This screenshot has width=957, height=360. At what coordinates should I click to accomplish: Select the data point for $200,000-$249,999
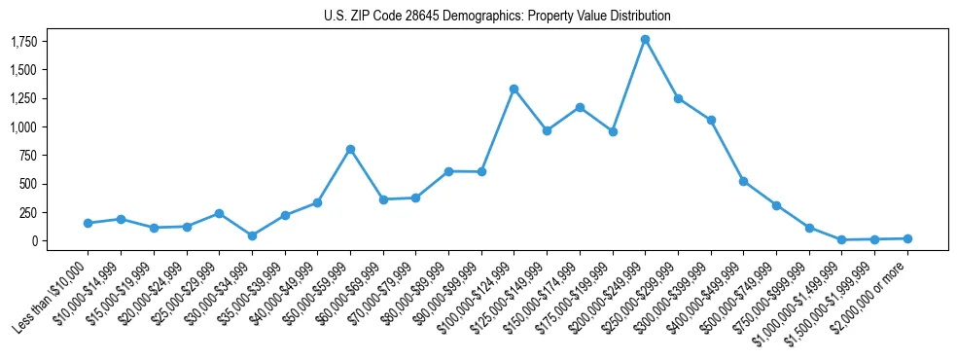tap(645, 40)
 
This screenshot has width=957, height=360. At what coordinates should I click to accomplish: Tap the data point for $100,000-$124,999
tap(514, 90)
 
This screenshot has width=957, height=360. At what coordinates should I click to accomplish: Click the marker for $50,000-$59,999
tap(350, 149)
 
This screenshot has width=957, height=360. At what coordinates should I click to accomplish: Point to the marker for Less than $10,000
tap(88, 223)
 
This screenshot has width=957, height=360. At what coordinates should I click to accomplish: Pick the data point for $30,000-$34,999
tap(252, 235)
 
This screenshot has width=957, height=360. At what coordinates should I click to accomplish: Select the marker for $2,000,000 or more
tap(906, 238)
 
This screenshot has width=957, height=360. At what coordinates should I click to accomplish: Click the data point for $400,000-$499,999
tap(743, 181)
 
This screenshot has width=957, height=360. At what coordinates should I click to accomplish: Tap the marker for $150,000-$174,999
tap(580, 107)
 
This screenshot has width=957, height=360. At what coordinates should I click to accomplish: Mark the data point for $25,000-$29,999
tap(219, 213)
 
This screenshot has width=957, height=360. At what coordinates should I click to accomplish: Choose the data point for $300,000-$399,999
tap(711, 120)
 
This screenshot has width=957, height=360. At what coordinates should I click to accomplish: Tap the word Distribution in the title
tap(638, 17)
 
